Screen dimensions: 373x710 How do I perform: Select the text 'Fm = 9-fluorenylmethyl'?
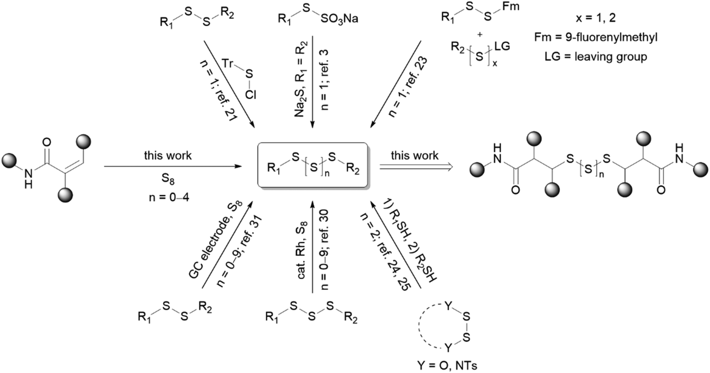click(x=595, y=37)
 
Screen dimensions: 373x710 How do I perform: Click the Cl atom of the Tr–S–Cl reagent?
click(x=250, y=94)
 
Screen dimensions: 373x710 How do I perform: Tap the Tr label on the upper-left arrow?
click(x=227, y=64)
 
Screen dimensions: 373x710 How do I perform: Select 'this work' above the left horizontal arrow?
click(x=168, y=155)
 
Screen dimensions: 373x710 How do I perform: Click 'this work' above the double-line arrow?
click(x=414, y=155)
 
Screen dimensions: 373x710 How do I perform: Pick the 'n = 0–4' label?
click(x=169, y=197)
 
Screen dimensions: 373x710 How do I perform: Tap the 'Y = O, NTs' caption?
click(x=447, y=365)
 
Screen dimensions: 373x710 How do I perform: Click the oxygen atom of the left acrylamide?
click(x=46, y=142)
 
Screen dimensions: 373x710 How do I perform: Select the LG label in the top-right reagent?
click(x=502, y=46)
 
